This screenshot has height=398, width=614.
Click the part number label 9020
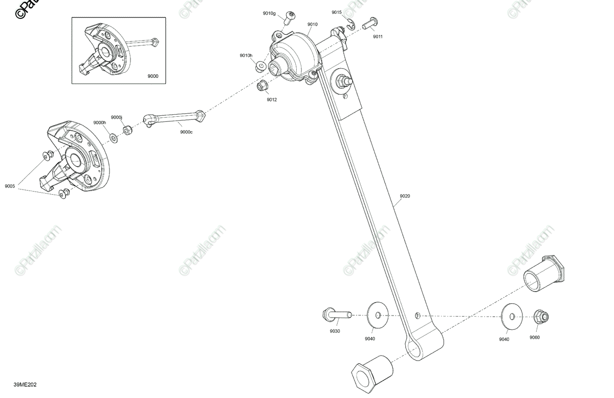405,196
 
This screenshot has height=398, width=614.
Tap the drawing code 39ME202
25,385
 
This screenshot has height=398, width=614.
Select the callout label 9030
335,331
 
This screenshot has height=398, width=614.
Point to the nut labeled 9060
540,317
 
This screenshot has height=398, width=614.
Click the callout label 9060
534,338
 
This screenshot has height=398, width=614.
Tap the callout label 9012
271,100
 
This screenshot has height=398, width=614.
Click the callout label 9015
336,12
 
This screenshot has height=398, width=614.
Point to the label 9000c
186,132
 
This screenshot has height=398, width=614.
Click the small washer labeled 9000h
113,137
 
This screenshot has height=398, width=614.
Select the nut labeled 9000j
128,130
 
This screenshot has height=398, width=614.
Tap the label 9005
10,186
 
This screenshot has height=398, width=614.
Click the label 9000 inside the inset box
152,76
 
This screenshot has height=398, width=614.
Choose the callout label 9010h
246,55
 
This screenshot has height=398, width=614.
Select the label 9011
378,37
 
